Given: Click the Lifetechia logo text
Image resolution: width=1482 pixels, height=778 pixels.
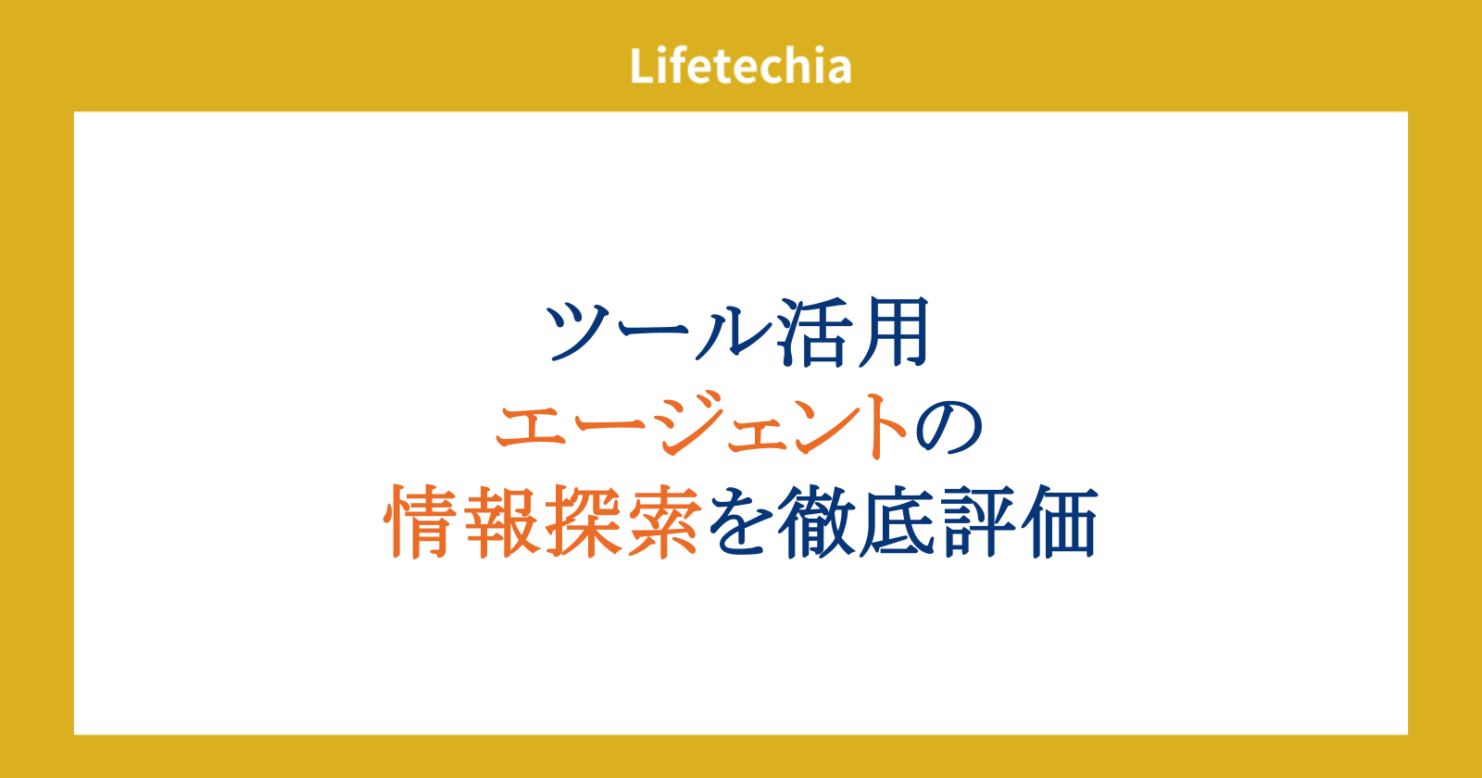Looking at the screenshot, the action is [x=741, y=66].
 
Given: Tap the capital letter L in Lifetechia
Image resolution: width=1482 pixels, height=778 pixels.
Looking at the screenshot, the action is [x=643, y=66].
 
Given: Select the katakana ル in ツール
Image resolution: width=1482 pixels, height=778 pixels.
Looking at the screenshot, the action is [x=735, y=333].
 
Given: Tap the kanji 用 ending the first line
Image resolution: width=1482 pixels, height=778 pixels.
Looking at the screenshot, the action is [x=893, y=333].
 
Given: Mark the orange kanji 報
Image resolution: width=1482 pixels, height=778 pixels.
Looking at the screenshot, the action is [x=502, y=521].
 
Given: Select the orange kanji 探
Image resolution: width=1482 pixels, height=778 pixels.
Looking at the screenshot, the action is [x=584, y=521].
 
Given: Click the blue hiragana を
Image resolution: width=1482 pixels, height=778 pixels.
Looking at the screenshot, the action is [x=741, y=522].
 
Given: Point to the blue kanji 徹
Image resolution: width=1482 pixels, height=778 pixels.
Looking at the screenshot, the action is [x=818, y=521].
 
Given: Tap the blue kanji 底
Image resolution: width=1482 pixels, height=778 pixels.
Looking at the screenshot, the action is [x=898, y=521].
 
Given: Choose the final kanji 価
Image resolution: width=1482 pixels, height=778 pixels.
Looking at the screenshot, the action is [x=1060, y=521].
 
